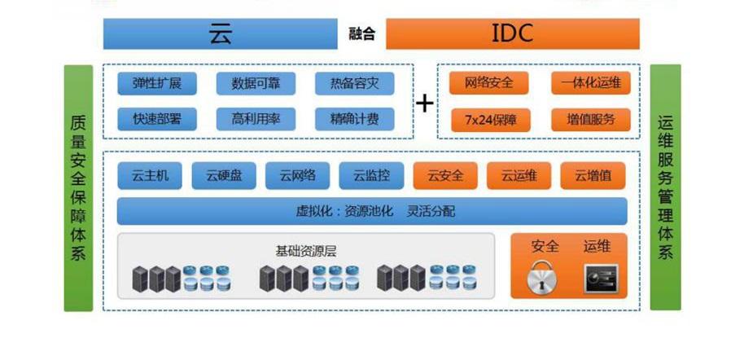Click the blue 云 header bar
pos(221,33)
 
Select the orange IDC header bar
pos(512,33)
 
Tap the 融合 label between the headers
pos(362,34)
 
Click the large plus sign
pos(425,103)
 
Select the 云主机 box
pos(150,175)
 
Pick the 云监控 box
pos(371,175)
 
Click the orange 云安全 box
pos(444,175)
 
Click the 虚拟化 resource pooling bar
pos(373,211)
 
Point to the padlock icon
pos(544,278)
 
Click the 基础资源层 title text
pos(306,251)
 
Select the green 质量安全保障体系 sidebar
pos(78,187)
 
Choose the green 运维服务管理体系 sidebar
pos(665,187)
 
